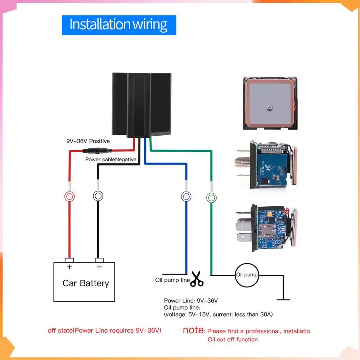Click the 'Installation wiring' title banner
pos(119,25)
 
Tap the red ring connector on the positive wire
pos(69,196)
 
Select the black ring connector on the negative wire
pos(98,196)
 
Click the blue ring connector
pos(186,196)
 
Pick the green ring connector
pos(211,197)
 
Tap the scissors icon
pos(197,279)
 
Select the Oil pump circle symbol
pos(247,275)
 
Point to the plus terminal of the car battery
pos(69,261)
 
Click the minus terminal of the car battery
pos(99,261)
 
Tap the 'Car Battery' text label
pos(85,283)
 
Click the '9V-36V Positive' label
pos(87,141)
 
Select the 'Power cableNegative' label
pos(111,159)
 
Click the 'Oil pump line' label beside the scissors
pos(172,280)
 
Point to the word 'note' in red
pos(194,330)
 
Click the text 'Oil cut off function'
pos(233,339)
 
